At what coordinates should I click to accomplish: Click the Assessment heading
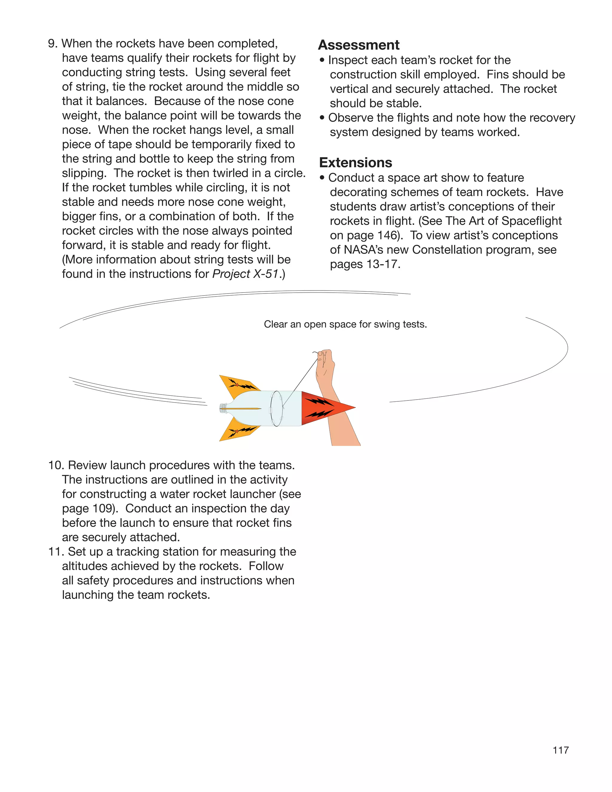pos(359,45)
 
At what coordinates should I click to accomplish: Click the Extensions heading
pos(355,163)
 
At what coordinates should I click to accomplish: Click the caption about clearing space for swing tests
pos(345,324)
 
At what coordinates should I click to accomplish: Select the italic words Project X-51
pos(245,274)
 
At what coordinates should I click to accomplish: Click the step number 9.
pos(53,44)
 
